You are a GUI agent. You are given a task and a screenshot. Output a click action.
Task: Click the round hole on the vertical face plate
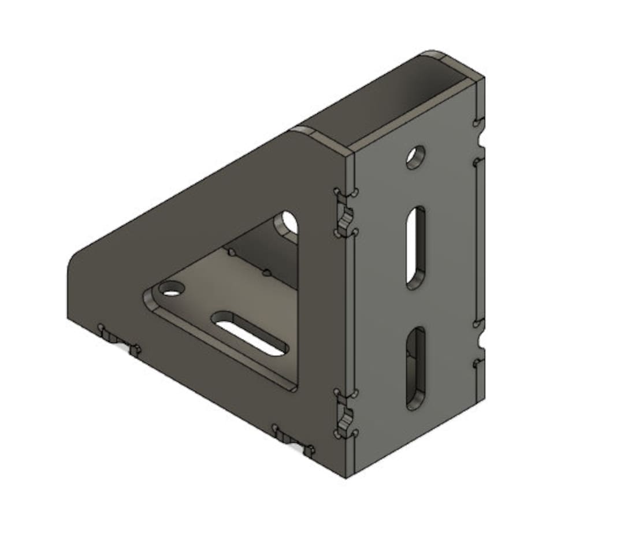(x=415, y=157)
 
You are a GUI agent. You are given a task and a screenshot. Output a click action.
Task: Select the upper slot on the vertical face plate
(x=415, y=247)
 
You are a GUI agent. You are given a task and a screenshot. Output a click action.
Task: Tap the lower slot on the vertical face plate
(x=415, y=368)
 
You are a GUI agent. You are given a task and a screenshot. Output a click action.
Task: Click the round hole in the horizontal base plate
(x=170, y=289)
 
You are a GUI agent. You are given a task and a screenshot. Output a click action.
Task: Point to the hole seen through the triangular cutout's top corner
(x=289, y=222)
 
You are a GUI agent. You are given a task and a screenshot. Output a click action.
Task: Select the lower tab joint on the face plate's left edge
(x=345, y=414)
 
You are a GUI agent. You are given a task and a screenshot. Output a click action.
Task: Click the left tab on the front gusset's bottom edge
(x=119, y=339)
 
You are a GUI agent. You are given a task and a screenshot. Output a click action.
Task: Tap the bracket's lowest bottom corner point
(x=346, y=477)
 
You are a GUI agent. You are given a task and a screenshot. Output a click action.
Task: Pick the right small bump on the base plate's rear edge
(x=266, y=271)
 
